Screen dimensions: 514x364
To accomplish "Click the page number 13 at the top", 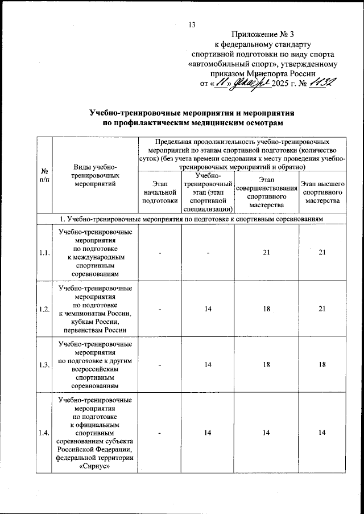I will [x=191, y=24].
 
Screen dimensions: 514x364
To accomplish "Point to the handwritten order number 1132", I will [x=323, y=83].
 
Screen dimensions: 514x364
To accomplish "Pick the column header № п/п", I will [x=44, y=175].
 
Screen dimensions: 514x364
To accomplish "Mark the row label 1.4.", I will [x=44, y=434].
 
